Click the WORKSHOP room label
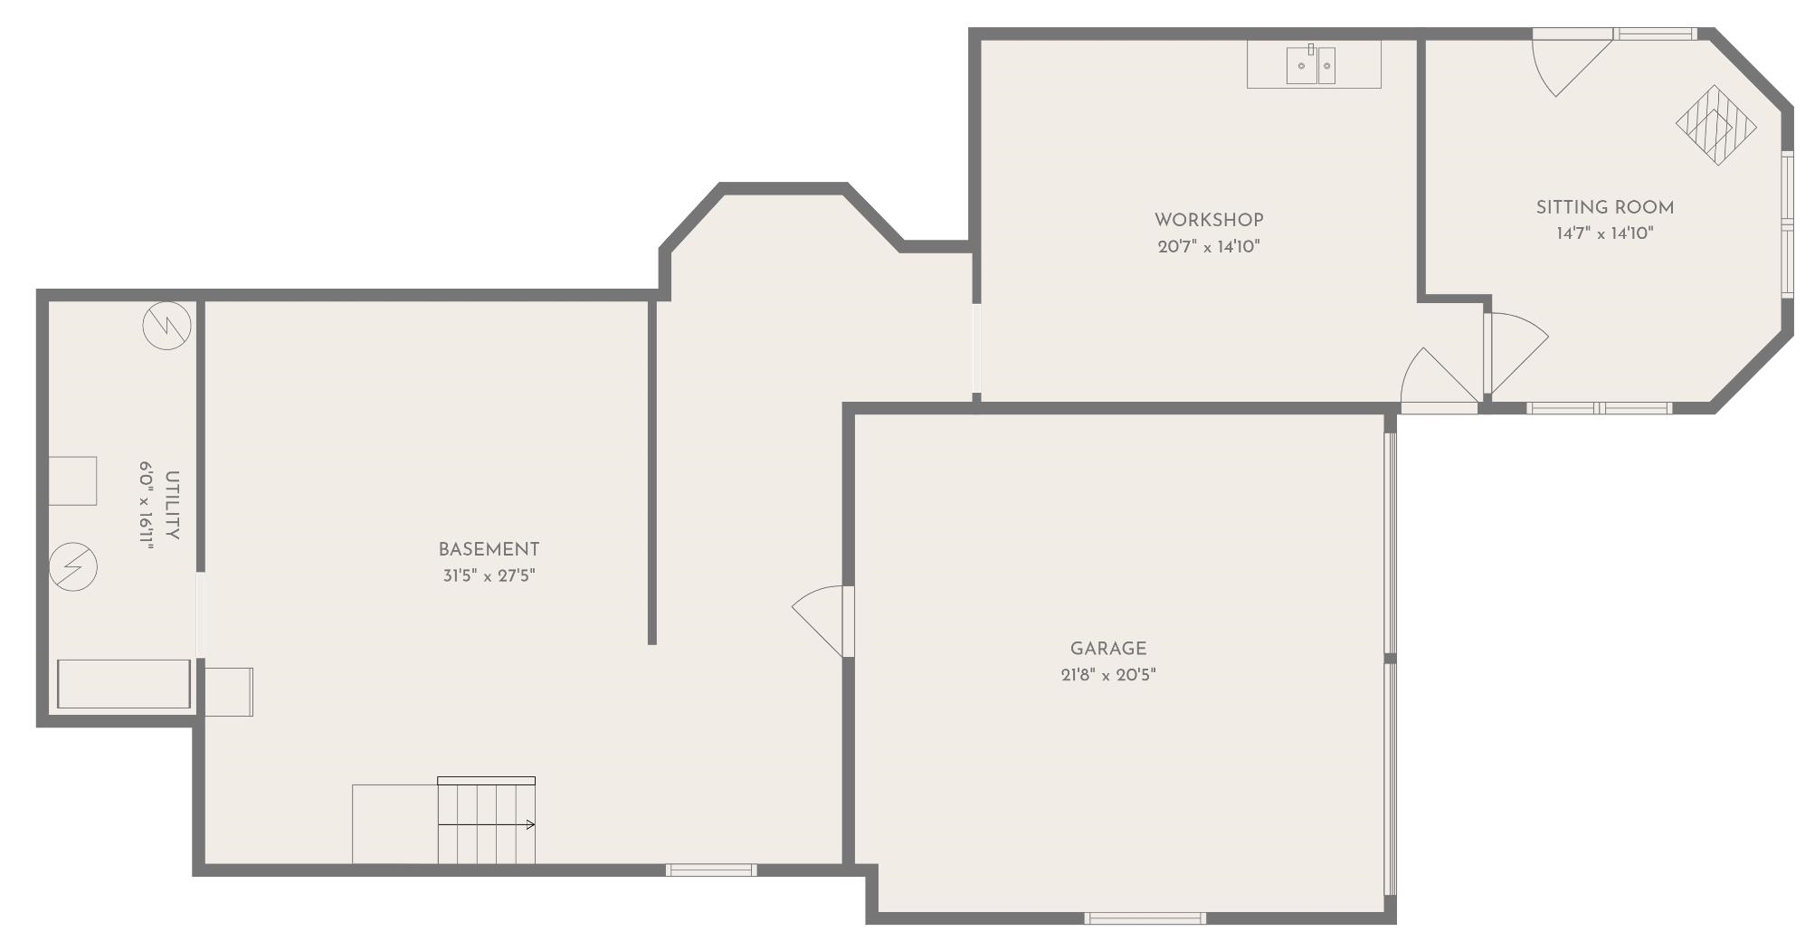(x=1209, y=220)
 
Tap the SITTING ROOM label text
(x=1604, y=207)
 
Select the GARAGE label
(x=1107, y=649)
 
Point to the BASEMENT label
(x=489, y=549)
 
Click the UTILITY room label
(x=172, y=505)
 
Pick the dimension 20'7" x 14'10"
(x=1209, y=246)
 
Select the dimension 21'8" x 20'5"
(x=1107, y=675)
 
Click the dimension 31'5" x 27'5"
(x=489, y=575)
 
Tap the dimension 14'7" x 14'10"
(x=1604, y=233)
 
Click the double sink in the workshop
(x=1311, y=65)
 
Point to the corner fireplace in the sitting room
(x=1715, y=125)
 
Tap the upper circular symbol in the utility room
(x=167, y=326)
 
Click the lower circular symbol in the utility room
(x=73, y=567)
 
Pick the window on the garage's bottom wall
(x=1145, y=918)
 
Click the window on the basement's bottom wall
(x=711, y=870)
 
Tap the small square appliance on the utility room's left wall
(x=72, y=480)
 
